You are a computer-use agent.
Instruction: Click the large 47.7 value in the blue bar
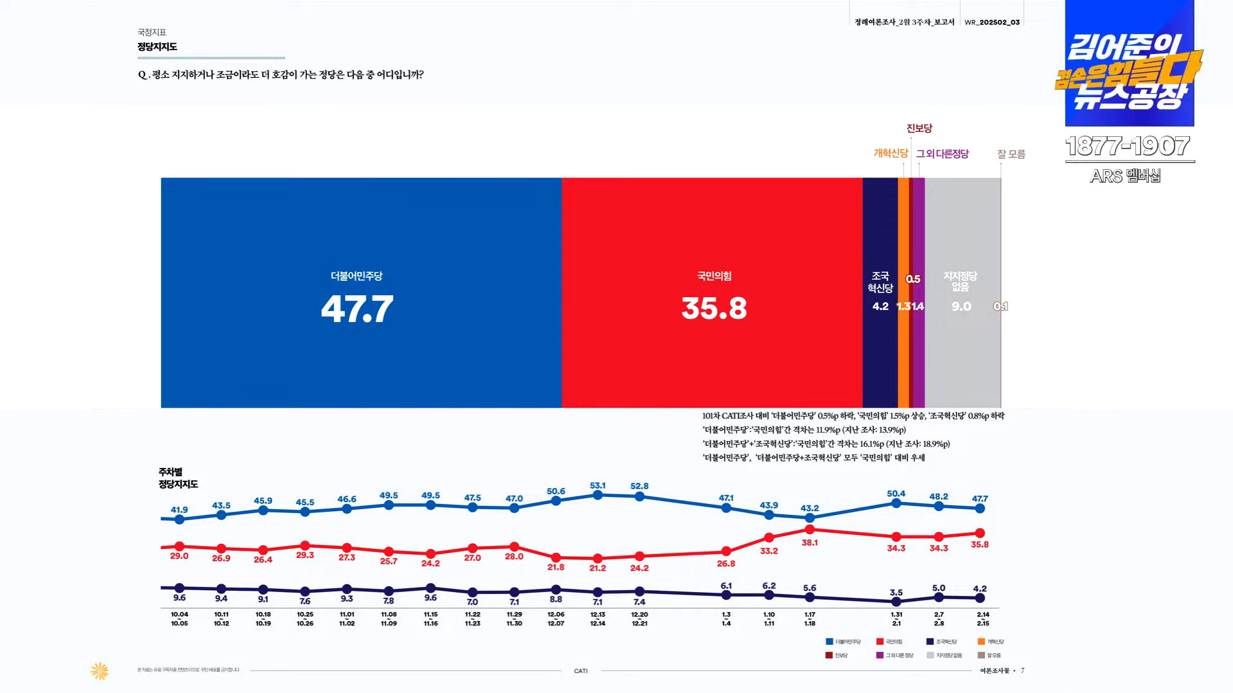357,309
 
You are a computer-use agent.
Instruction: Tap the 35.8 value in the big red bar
714,309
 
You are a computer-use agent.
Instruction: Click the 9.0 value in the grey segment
961,307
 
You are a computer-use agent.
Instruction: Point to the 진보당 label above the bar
919,129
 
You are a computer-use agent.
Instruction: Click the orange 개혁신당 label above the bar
891,153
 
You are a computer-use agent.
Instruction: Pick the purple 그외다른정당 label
942,154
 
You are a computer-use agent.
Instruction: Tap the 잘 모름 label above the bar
1011,154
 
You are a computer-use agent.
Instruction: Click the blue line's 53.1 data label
598,485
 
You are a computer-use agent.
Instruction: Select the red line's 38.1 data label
810,543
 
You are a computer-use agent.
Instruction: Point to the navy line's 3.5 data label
896,592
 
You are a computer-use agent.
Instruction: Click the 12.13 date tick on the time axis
598,618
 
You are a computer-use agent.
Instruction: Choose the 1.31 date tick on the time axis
896,618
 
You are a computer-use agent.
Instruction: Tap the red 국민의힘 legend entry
889,642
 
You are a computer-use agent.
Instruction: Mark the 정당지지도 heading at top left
157,47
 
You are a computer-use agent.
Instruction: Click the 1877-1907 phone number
1128,147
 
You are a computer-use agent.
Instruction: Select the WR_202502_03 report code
991,22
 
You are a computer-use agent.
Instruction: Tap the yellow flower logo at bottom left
100,671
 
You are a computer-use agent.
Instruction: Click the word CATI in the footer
580,671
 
